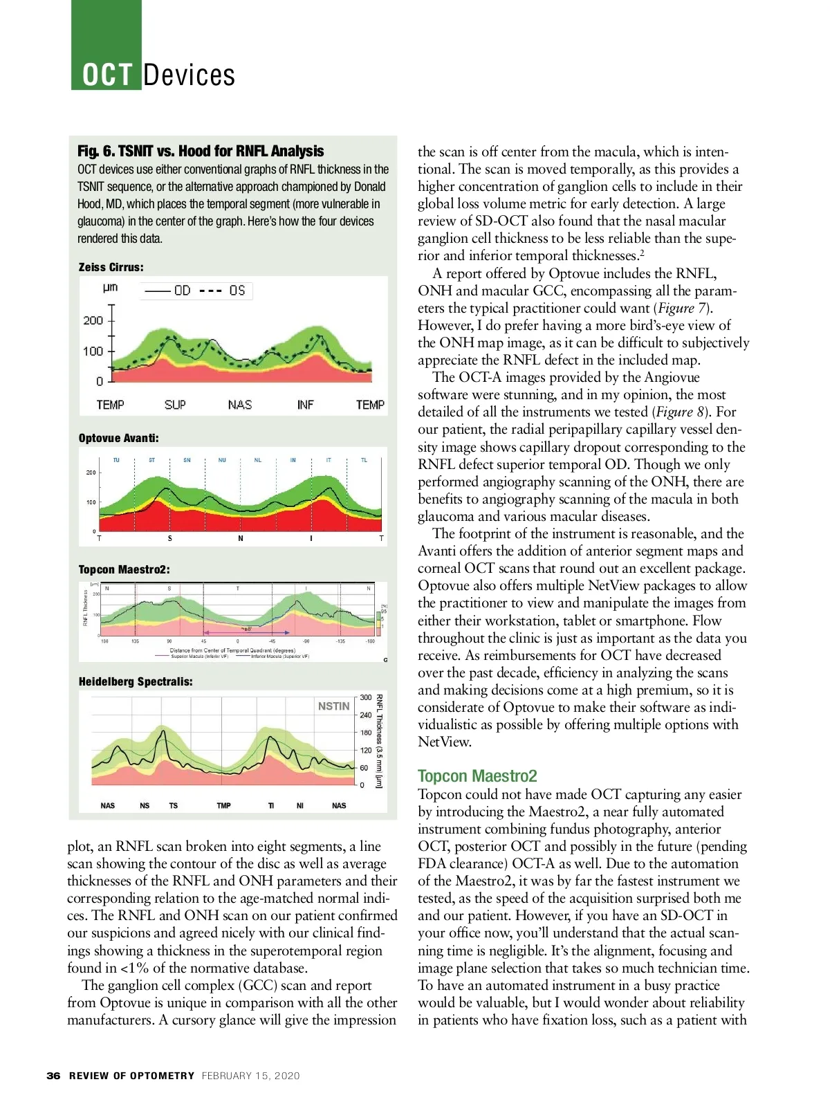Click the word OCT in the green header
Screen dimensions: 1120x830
(x=107, y=75)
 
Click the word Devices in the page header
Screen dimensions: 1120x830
(x=189, y=75)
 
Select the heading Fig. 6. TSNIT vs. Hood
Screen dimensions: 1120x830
(x=201, y=151)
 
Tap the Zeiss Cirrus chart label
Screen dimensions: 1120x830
(x=111, y=267)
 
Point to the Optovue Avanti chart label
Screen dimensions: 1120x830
(x=119, y=438)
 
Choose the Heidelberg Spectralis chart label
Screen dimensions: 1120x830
(x=136, y=681)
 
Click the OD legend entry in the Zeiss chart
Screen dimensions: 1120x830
(x=182, y=291)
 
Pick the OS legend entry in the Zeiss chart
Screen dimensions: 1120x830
(x=237, y=291)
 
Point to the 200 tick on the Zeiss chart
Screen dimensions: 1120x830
(x=93, y=320)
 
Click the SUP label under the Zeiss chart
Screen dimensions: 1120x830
(x=175, y=405)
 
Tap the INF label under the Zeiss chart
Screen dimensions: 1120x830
(x=305, y=405)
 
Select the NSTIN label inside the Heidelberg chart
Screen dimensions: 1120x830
(x=333, y=706)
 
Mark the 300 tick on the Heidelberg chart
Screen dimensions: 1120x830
(x=366, y=697)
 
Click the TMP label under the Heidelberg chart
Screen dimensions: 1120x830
(x=224, y=806)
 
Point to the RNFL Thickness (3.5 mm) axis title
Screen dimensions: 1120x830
(x=379, y=740)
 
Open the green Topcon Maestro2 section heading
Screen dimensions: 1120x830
(x=477, y=776)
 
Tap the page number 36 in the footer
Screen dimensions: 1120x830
(x=53, y=1076)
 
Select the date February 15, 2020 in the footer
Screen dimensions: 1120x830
(x=251, y=1076)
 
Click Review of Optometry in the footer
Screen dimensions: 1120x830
(x=131, y=1076)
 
